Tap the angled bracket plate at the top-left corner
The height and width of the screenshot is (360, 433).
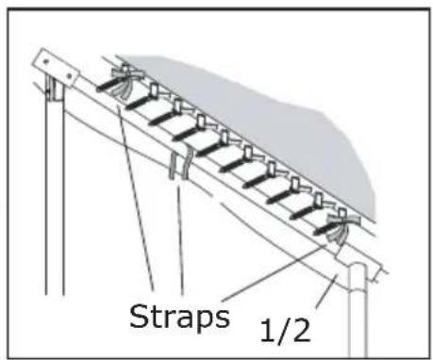coord(56,66)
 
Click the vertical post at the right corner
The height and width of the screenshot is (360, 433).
coord(356,311)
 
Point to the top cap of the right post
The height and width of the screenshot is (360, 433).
coord(358,273)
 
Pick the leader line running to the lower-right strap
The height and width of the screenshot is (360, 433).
coord(283,269)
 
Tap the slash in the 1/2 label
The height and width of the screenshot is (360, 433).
coord(283,329)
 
